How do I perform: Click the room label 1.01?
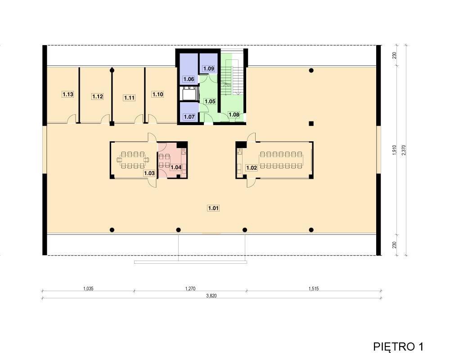tap(213, 208)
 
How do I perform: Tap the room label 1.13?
tap(68, 94)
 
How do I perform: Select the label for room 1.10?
tap(158, 94)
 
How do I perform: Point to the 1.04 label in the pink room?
tap(176, 167)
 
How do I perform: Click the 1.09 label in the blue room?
tap(209, 68)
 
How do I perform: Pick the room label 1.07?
tap(189, 117)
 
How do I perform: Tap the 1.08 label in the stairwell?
tap(234, 115)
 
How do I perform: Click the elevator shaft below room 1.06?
tap(189, 94)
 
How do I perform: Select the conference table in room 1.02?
tap(281, 160)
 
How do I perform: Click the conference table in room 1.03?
tap(133, 160)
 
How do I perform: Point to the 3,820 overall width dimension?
tap(211, 296)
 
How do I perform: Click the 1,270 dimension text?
tap(190, 288)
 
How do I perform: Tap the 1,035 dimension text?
tap(88, 288)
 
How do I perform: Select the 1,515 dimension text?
tap(314, 288)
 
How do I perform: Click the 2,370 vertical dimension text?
tap(404, 150)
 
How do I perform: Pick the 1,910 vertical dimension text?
tap(394, 150)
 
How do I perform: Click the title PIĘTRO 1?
tap(398, 346)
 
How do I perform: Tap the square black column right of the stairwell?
tap(311, 124)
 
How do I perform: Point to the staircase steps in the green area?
tap(233, 77)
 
